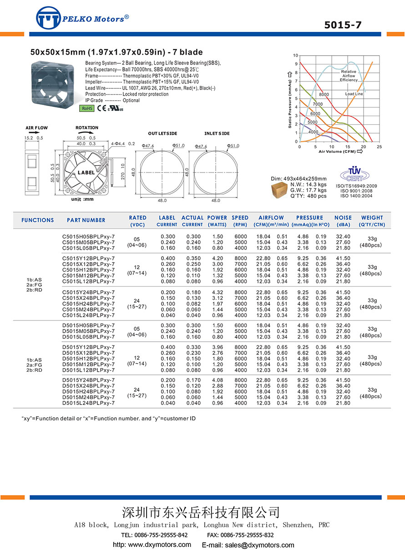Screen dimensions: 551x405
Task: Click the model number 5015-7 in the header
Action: [x=343, y=25]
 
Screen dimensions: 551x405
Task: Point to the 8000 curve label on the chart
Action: [x=324, y=94]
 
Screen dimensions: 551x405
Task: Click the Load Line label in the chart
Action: [x=354, y=94]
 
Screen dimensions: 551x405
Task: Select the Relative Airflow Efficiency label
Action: [x=349, y=76]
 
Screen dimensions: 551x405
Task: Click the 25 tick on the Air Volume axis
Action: [x=379, y=147]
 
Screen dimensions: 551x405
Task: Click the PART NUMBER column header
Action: [x=86, y=220]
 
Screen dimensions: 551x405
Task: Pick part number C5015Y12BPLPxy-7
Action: [x=88, y=258]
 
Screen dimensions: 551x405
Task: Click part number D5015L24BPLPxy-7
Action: [x=88, y=403]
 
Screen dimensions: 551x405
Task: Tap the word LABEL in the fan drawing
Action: [x=86, y=173]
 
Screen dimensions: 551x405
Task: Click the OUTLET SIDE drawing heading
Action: [x=162, y=133]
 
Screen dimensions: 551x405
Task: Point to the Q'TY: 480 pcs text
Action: [x=308, y=196]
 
